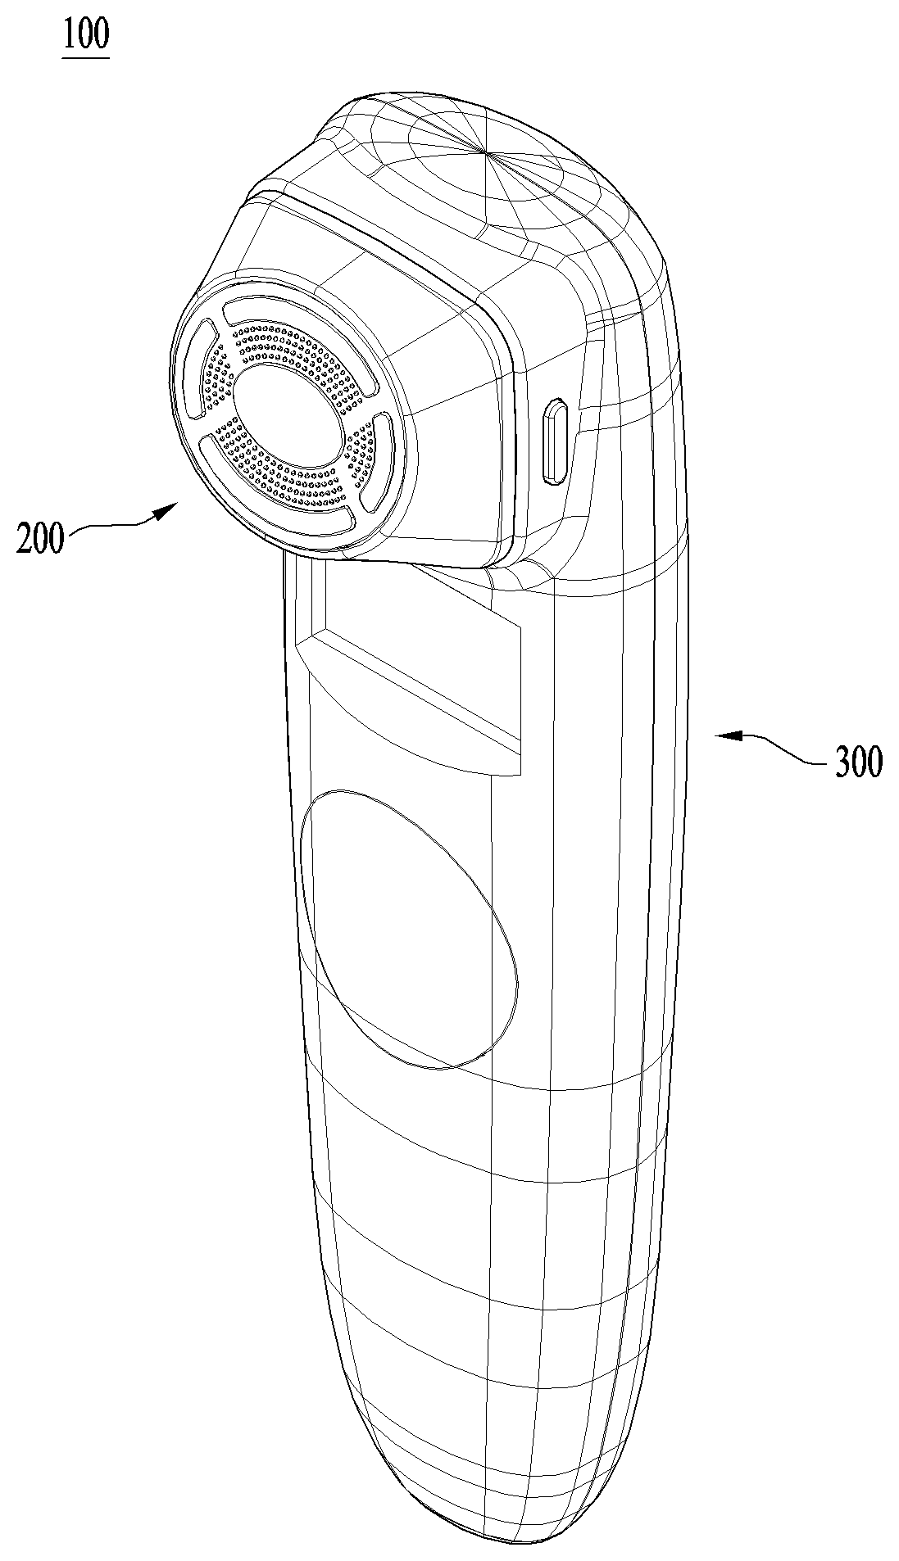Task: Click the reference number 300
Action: coord(858,762)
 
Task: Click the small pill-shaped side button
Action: coord(556,441)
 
